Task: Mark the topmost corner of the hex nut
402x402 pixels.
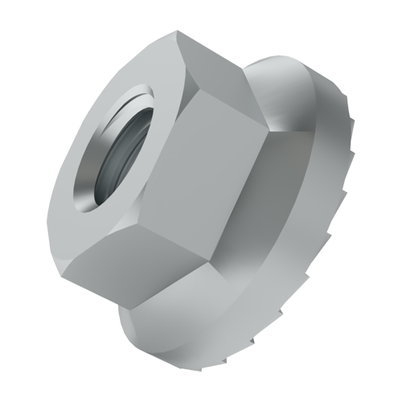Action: click(176, 33)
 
